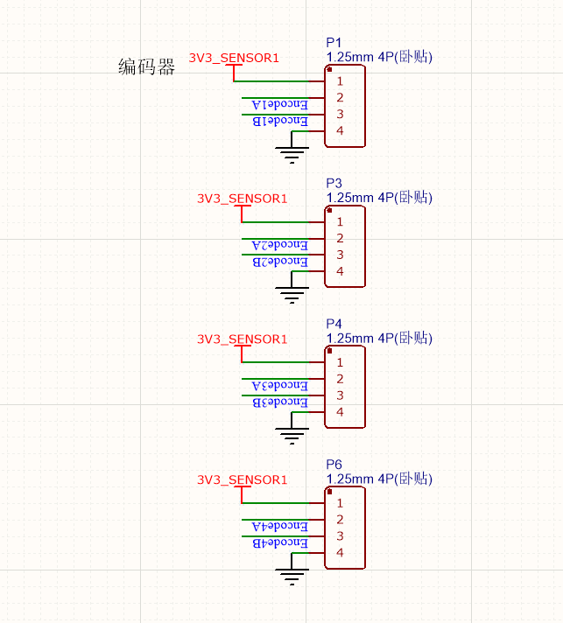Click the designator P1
click(x=333, y=43)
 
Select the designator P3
click(x=333, y=184)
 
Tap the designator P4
click(x=333, y=325)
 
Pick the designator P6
click(x=333, y=465)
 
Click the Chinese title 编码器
click(x=146, y=67)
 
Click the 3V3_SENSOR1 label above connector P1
click(x=234, y=59)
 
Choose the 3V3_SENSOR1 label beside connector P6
click(x=242, y=479)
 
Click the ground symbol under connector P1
click(x=292, y=156)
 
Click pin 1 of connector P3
click(x=339, y=221)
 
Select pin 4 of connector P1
click(x=339, y=130)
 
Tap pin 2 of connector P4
click(x=339, y=379)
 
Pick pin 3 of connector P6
click(x=339, y=535)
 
